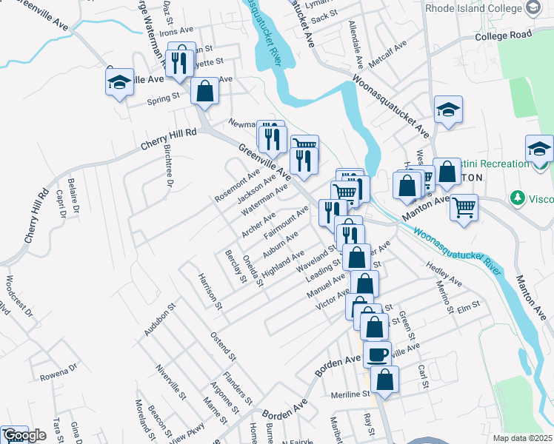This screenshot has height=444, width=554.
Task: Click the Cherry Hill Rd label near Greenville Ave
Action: point(170,139)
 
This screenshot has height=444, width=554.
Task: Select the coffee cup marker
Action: point(377,354)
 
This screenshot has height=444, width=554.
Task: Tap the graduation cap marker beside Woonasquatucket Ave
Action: point(448,110)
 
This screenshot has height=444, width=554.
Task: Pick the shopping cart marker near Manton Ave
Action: point(464,206)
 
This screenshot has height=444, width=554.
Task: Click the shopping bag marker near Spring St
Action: point(205,92)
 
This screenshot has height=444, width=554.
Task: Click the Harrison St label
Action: point(210,289)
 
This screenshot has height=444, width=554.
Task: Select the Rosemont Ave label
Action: point(237,186)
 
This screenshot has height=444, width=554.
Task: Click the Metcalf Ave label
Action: point(388,55)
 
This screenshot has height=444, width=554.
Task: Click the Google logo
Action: point(24,436)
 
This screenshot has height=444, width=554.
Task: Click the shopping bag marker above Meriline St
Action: point(384,379)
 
